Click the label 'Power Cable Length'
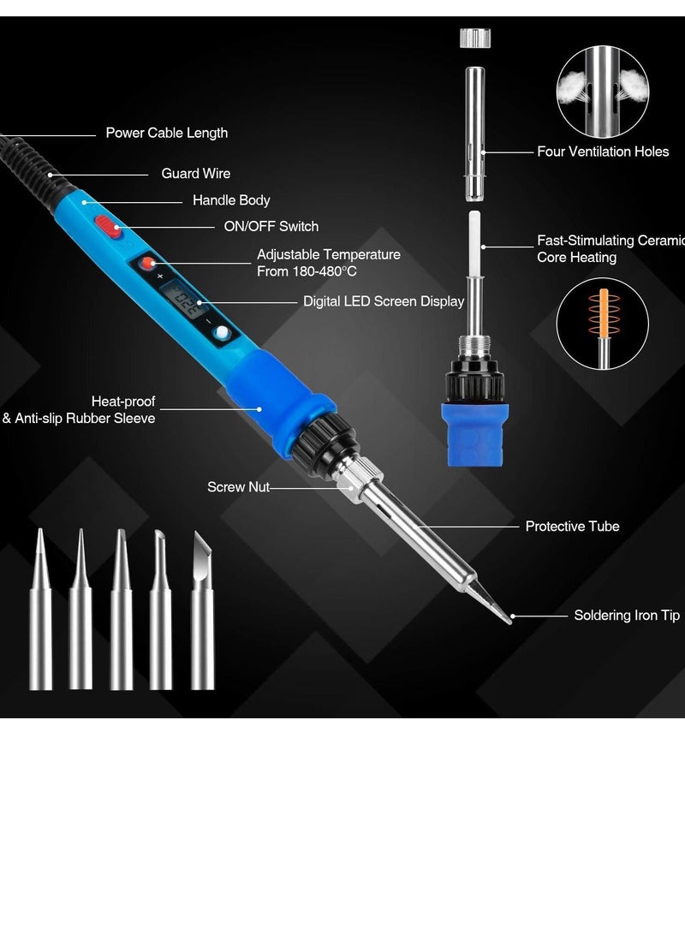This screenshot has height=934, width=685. pos(166,133)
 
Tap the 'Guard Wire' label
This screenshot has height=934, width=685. pos(195,173)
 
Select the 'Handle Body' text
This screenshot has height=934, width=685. pos(231,199)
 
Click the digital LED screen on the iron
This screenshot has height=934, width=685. pos(184,301)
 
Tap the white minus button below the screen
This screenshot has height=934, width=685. pos(222,334)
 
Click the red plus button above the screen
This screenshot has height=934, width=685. pos(148,264)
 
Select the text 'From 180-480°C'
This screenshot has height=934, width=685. pos(307,271)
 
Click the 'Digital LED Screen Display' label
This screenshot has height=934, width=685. pos(384,301)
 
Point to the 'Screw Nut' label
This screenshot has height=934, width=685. pos(238,486)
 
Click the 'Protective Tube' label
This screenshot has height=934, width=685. pos(572,526)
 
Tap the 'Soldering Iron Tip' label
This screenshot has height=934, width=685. pos(627,615)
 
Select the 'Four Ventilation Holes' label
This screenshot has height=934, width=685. pos(603,152)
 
